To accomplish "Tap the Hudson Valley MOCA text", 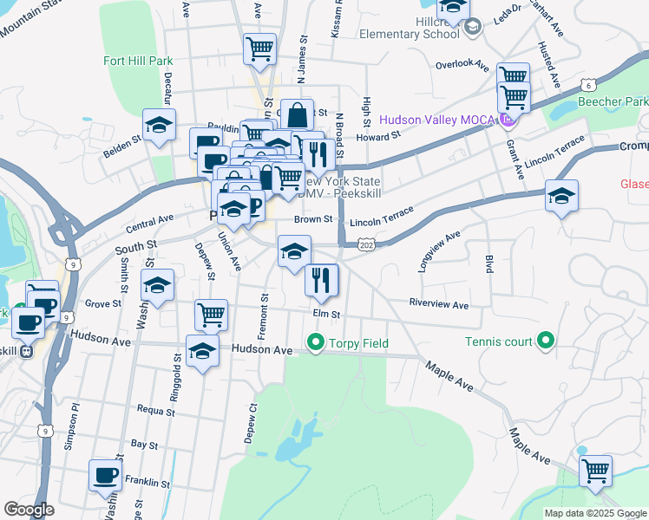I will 436,119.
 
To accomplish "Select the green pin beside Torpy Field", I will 314,343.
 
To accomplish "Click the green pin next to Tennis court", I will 546,341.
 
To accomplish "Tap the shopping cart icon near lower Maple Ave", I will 595,471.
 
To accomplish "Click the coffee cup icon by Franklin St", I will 106,475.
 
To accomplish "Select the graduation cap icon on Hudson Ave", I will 203,351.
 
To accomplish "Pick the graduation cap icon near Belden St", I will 160,125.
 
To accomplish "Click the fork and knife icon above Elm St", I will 322,279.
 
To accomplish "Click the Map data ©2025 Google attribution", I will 594,513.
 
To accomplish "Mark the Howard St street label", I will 377,135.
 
